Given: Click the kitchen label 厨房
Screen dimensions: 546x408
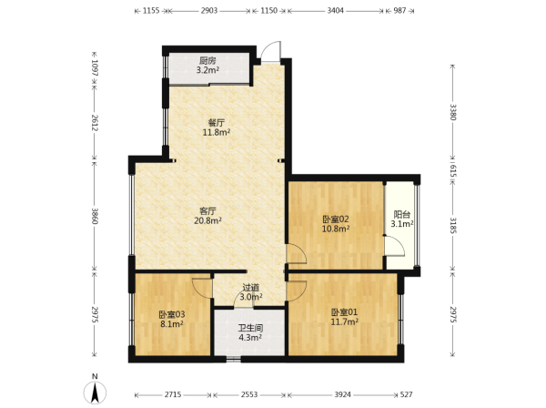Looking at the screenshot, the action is point(207,61).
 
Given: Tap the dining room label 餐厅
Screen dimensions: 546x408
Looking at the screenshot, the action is point(217,123).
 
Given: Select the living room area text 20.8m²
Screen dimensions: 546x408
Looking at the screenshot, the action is point(207,220).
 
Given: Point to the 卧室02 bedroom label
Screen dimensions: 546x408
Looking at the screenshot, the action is point(335,219).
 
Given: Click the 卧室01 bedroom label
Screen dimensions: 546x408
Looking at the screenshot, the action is point(344,312).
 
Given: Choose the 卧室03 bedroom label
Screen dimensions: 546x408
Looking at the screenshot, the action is point(172,314).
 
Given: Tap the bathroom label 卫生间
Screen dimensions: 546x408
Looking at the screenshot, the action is point(250,328).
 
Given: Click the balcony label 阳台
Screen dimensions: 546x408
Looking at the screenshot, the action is point(401,215).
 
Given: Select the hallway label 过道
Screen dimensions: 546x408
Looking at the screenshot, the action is point(251,288).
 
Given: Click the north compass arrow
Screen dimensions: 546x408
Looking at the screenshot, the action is point(95,393).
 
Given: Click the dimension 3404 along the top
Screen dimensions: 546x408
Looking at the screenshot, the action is point(335,10).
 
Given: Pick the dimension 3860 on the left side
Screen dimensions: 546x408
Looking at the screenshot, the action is point(95,216).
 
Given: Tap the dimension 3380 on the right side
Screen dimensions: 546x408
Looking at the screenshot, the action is point(452,112).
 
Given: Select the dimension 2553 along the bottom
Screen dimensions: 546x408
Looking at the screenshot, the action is point(249,394).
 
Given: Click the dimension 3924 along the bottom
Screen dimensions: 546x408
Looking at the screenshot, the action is point(343,394).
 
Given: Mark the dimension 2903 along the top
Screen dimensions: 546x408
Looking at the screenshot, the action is point(209,10).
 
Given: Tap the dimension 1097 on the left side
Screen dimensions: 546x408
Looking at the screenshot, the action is point(95,68).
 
